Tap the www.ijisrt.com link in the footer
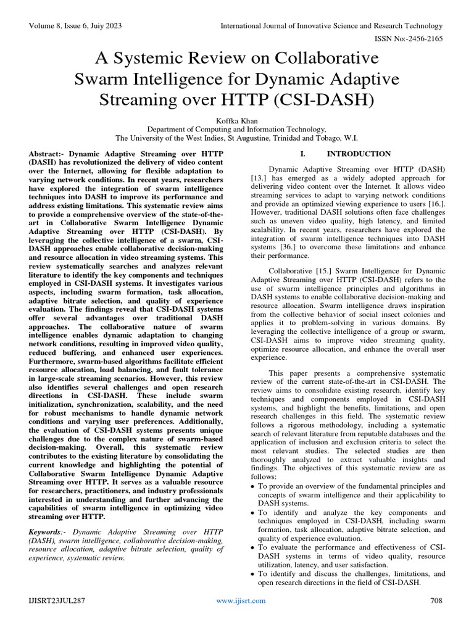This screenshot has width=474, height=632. tap(241, 601)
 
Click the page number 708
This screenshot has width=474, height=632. tap(436, 601)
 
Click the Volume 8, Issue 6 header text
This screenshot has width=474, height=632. tap(74, 26)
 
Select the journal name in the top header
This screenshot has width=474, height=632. tap(331, 26)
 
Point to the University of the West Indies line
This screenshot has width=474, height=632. tap(237, 139)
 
